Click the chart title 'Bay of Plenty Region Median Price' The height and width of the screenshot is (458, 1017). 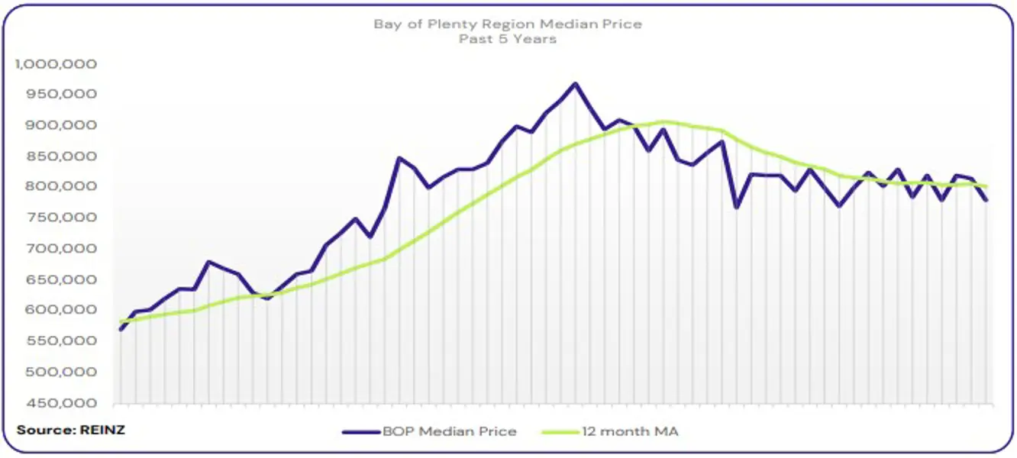508,24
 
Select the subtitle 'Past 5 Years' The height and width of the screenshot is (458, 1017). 508,39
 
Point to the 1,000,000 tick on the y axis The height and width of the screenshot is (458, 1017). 56,64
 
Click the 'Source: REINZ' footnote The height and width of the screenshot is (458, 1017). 70,430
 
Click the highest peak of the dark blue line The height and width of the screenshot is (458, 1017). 575,84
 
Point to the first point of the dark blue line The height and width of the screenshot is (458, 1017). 121,329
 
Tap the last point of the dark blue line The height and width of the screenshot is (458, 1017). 986,201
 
